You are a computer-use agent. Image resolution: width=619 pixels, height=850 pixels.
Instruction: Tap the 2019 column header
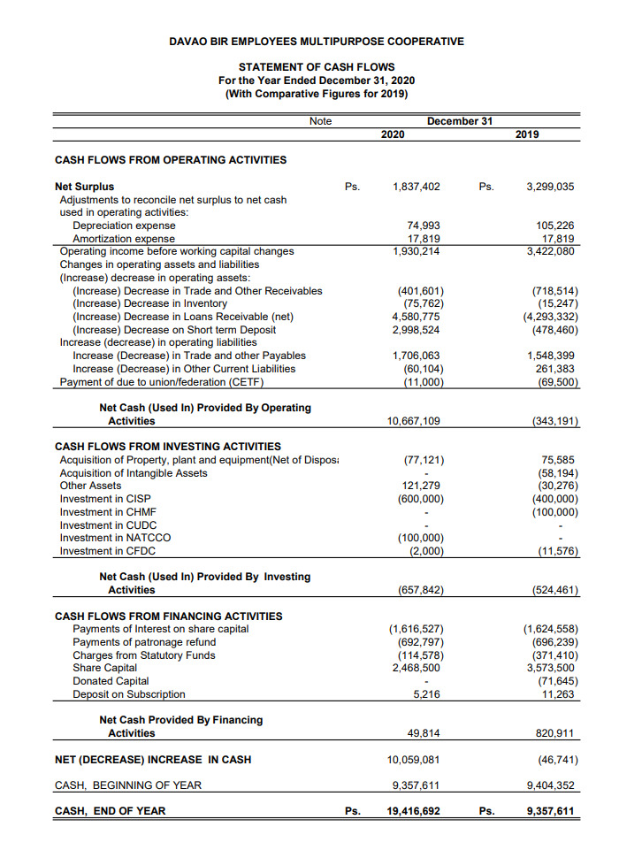527,134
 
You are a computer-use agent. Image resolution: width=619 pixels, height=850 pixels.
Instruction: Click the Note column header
321,121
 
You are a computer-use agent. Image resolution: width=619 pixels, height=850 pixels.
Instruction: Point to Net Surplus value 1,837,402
416,187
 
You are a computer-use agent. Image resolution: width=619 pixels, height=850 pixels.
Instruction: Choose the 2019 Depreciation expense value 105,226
555,226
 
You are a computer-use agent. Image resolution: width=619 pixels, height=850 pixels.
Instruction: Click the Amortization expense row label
124,239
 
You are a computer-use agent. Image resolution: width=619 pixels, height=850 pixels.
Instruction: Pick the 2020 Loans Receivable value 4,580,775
417,317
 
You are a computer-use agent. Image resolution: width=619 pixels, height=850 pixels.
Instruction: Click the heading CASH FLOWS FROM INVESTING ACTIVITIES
168,447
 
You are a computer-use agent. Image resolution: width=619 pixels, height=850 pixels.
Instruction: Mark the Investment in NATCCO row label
115,538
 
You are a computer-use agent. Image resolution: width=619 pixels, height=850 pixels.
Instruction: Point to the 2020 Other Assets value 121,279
422,486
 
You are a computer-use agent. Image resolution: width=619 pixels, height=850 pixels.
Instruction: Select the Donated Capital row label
111,681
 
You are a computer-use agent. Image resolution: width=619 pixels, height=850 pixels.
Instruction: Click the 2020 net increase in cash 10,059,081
414,759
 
